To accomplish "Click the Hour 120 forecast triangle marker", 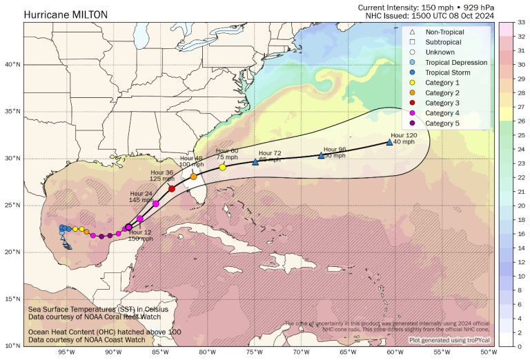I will (389, 142).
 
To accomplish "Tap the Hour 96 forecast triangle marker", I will (321, 156).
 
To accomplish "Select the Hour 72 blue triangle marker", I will (255, 162).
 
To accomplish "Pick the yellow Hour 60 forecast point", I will (222, 167).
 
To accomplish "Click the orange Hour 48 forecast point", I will (194, 177).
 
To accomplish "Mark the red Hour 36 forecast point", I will (172, 188).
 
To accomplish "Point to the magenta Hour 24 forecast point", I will (156, 203).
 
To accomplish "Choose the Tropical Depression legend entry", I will (455, 62).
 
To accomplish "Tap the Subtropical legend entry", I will (444, 42).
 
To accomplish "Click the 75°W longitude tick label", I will (254, 352).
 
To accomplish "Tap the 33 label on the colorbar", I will (521, 22).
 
